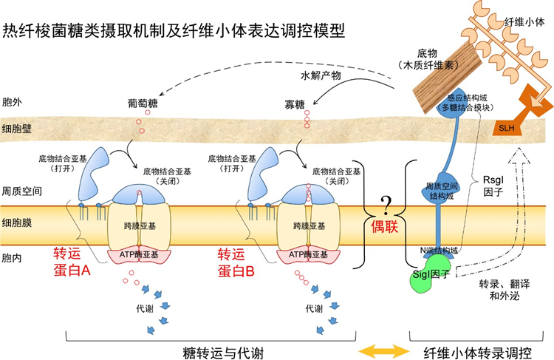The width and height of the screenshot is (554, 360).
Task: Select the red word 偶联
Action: click(384, 227)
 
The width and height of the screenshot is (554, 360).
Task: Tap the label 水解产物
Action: click(321, 76)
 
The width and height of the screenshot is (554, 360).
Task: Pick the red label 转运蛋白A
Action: click(72, 262)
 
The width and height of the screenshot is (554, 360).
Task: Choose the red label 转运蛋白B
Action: click(236, 262)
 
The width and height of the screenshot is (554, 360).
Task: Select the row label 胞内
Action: click(13, 259)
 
